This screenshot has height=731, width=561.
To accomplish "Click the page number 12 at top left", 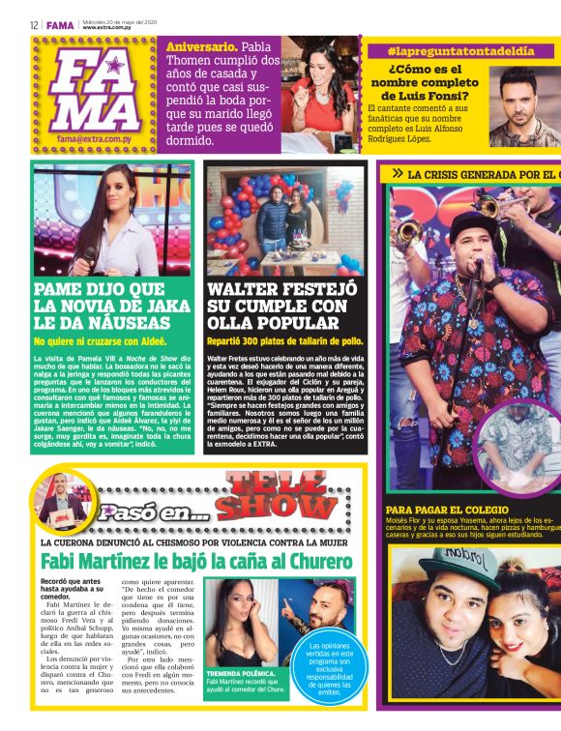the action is pos(34,24).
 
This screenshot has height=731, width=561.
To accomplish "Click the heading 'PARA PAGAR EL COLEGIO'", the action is pos(447,510).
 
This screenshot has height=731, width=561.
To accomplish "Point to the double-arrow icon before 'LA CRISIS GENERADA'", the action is pos(397,174).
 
